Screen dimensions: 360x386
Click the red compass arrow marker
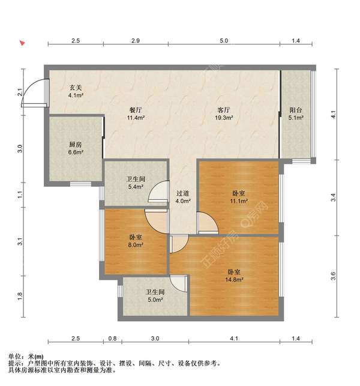click(x=22, y=43)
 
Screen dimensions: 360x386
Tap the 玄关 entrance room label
click(x=75, y=88)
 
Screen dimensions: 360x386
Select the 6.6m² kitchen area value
click(x=76, y=152)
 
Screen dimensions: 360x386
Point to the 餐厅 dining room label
click(x=136, y=110)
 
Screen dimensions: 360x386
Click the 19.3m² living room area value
click(x=224, y=118)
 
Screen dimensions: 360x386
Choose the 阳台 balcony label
click(x=296, y=110)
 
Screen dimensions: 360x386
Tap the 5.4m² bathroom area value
click(x=136, y=187)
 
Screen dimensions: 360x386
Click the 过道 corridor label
click(x=182, y=193)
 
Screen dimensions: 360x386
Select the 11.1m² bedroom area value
click(x=239, y=201)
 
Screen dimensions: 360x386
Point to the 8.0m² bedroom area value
click(x=136, y=245)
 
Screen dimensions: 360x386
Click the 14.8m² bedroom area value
click(x=234, y=279)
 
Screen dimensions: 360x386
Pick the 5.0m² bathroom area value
click(x=155, y=300)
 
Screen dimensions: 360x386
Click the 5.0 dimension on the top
click(x=224, y=41)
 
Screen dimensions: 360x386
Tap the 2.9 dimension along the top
click(x=136, y=41)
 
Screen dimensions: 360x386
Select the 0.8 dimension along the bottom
click(x=112, y=339)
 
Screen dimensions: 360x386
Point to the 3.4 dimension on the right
click(x=333, y=198)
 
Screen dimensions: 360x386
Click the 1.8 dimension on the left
click(x=20, y=296)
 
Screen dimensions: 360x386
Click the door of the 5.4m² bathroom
click(x=159, y=192)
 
